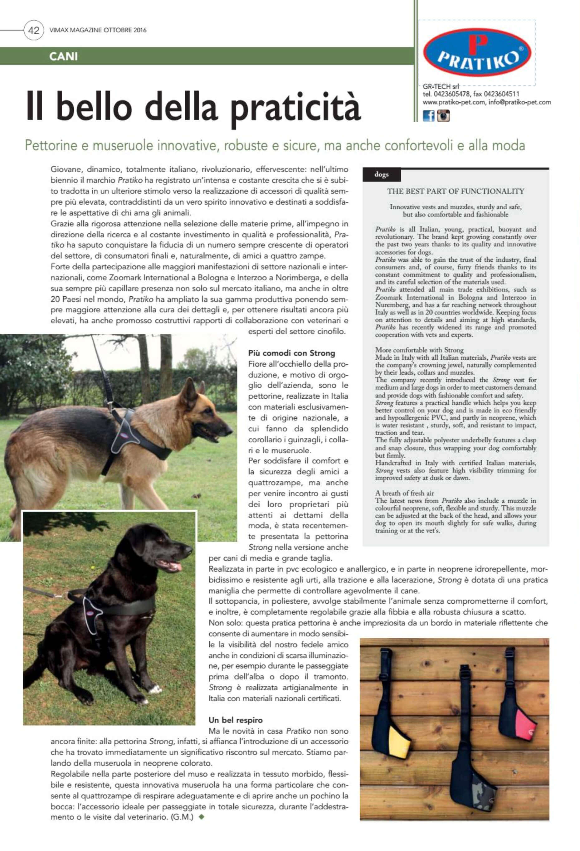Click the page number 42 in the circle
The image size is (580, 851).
tap(33, 30)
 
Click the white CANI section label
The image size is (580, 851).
tap(63, 56)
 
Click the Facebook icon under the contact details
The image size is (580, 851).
tap(428, 116)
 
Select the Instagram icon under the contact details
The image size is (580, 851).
tap(443, 116)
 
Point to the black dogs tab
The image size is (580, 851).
tap(381, 175)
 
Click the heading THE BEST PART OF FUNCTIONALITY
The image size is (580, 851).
tap(456, 191)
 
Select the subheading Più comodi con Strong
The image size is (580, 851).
tap(291, 353)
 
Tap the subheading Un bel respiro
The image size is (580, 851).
tap(236, 720)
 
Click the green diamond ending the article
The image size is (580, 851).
tap(201, 817)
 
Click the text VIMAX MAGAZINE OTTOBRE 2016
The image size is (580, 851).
tap(98, 30)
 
